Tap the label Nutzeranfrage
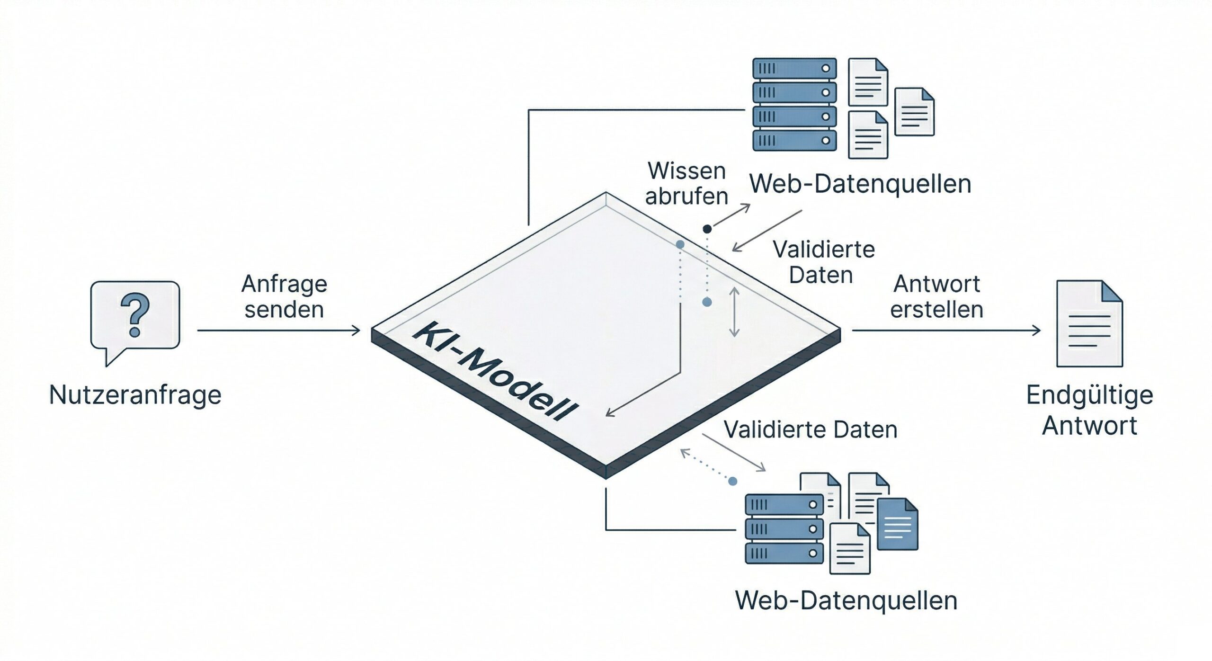coord(135,395)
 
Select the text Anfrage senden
coord(284,297)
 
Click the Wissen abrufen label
coord(686,184)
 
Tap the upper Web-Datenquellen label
coord(860,184)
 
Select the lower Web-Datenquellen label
coord(846,600)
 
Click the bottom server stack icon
coord(784,529)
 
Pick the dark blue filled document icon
coord(897,525)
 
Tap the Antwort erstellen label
coord(936,297)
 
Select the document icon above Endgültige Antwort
coord(1089,324)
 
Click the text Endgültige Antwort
coord(1089,410)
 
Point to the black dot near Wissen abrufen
coord(707,229)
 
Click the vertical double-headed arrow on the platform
coord(734,312)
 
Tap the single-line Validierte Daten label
coord(811,430)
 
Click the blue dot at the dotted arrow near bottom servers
coord(733,482)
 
